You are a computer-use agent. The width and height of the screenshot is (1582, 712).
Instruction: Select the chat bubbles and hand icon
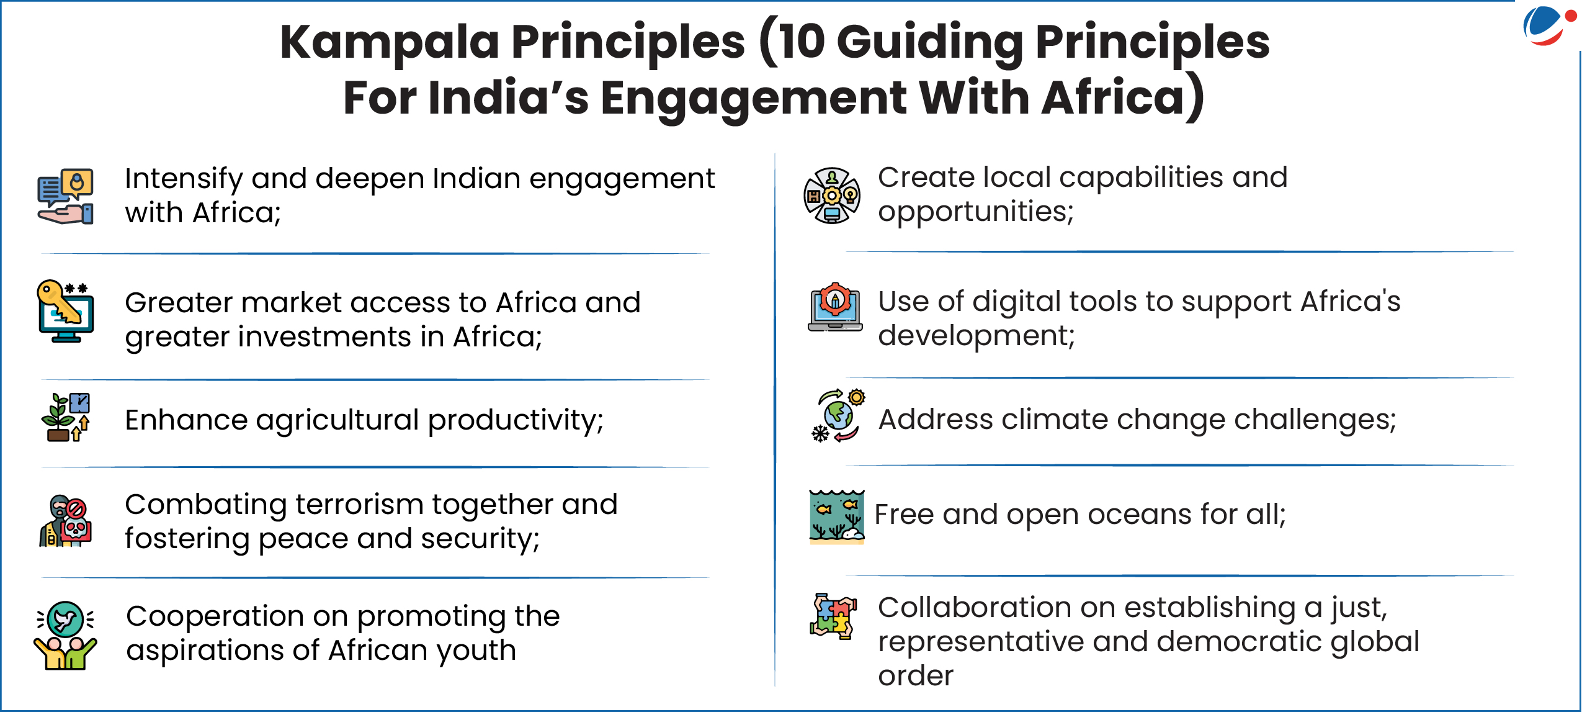65,196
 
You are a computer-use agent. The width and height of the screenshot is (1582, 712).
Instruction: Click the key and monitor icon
65,311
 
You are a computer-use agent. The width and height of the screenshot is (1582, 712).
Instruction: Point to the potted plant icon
66,417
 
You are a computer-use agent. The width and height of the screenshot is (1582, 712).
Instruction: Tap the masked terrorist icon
65,521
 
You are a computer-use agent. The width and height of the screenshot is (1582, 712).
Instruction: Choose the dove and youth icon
65,635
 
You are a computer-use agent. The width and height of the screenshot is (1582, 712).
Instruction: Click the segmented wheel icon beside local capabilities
832,196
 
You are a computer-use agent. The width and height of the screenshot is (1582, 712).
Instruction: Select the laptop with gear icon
835,307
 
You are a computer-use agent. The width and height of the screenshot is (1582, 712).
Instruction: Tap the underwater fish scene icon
837,516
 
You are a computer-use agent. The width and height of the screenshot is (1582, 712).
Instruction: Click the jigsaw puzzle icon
833,616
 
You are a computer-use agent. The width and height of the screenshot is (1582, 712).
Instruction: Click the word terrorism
360,505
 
